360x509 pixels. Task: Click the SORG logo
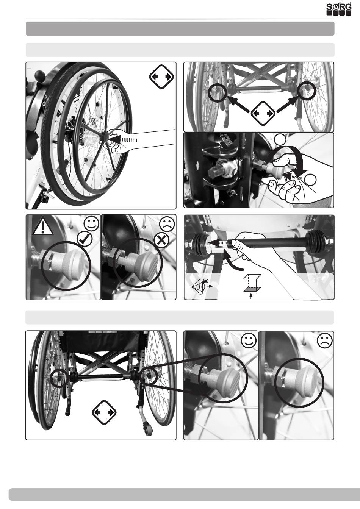click(339, 9)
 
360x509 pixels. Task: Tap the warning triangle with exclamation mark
click(43, 227)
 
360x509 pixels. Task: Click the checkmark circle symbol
click(85, 239)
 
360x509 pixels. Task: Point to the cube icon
click(252, 283)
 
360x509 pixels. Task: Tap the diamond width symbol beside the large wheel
click(161, 77)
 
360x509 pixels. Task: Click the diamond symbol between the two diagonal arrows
click(263, 113)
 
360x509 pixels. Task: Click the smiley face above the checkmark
click(91, 223)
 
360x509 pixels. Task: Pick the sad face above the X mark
click(167, 223)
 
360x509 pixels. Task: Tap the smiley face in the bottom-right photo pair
click(249, 340)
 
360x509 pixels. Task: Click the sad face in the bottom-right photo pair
click(324, 340)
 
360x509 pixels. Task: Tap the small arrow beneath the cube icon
click(251, 296)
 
